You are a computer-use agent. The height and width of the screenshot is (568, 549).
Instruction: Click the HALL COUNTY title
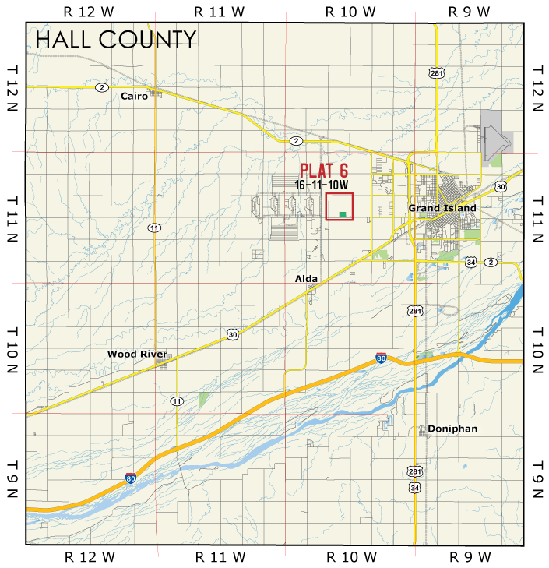(x=116, y=39)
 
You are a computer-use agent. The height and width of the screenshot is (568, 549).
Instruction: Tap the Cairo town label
(x=134, y=97)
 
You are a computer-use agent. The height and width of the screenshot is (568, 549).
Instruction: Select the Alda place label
(x=306, y=278)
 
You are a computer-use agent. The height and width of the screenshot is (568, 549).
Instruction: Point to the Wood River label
(x=133, y=354)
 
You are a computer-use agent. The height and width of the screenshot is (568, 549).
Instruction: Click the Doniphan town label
(x=452, y=429)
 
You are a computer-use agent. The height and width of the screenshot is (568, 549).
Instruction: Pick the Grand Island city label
(x=442, y=209)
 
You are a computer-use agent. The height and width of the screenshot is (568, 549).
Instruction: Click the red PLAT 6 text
(x=324, y=171)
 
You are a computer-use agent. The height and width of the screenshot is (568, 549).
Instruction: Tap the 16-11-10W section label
(x=322, y=185)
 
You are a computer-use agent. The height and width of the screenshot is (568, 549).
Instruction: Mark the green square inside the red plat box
(x=343, y=214)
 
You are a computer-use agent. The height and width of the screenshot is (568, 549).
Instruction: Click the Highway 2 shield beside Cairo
(x=102, y=87)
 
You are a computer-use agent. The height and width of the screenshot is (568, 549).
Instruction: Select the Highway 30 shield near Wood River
(x=234, y=334)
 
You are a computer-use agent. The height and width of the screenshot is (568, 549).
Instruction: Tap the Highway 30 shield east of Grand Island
(x=501, y=187)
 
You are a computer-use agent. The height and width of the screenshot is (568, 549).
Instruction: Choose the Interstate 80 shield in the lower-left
(x=131, y=478)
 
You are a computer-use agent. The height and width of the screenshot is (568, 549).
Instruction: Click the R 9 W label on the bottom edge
(x=470, y=556)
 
